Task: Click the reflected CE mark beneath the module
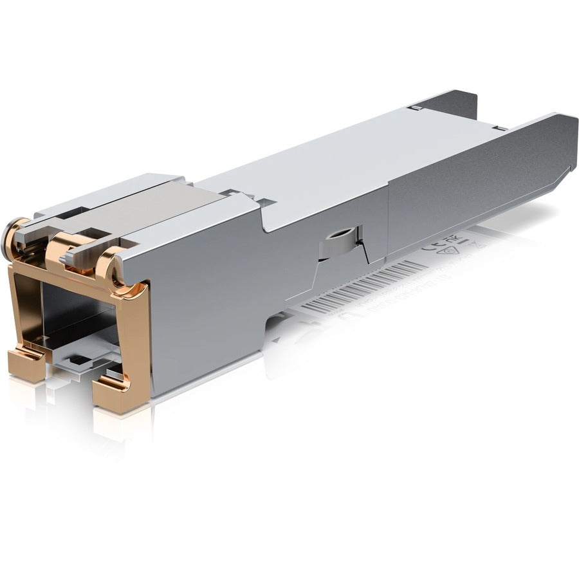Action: [x=430, y=246]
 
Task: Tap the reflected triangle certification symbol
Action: [x=454, y=238]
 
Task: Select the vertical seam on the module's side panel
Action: [x=388, y=212]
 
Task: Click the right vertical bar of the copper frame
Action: [x=143, y=335]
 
